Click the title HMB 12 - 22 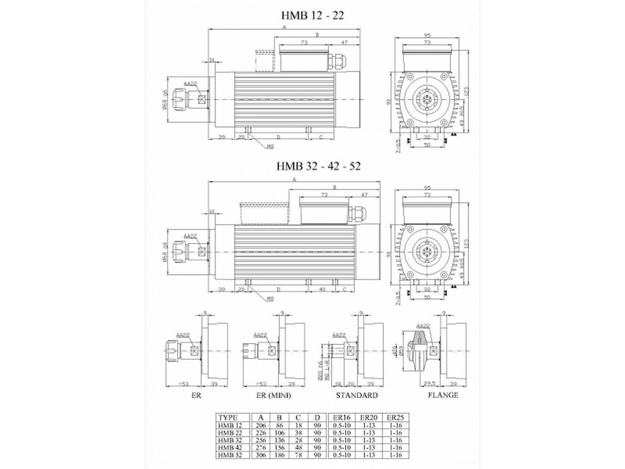311,16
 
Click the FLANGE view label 443,395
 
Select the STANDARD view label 357,395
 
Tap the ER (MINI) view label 272,395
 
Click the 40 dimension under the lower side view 321,289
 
